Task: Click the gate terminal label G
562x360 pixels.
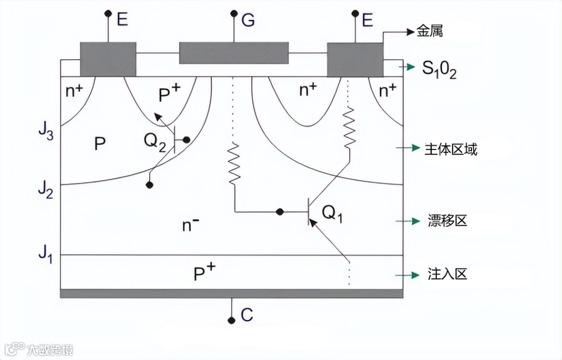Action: pyautogui.click(x=248, y=20)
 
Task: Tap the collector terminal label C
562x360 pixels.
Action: pyautogui.click(x=247, y=315)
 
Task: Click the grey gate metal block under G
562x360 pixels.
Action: pyautogui.click(x=234, y=53)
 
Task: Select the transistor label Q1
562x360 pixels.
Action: pyautogui.click(x=333, y=212)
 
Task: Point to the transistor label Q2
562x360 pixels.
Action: pyautogui.click(x=155, y=140)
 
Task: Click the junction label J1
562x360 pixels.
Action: pyautogui.click(x=45, y=255)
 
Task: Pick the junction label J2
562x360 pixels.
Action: pyautogui.click(x=45, y=190)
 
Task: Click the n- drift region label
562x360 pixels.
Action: pyautogui.click(x=190, y=225)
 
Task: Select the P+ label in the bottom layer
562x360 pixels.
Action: pyautogui.click(x=205, y=273)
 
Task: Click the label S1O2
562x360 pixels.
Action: pyautogui.click(x=439, y=69)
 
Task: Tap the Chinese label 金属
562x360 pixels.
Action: pyautogui.click(x=430, y=32)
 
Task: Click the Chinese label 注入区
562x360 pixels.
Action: pyautogui.click(x=447, y=274)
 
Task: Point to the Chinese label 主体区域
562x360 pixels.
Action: pyautogui.click(x=451, y=149)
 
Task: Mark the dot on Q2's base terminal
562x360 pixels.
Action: pyautogui.click(x=186, y=140)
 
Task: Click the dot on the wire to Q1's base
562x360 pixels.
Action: pyautogui.click(x=279, y=212)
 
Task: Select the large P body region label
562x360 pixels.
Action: pyautogui.click(x=100, y=144)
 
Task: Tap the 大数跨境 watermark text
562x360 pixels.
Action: pyautogui.click(x=50, y=349)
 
